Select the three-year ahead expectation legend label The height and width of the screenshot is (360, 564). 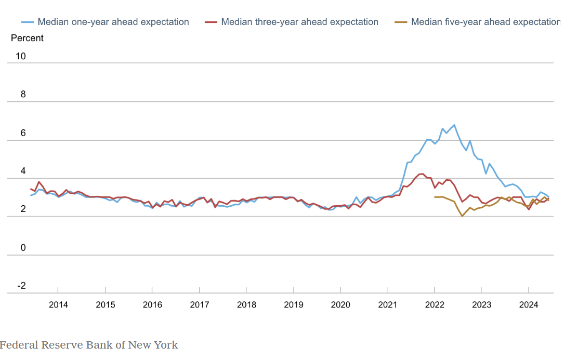click(x=299, y=22)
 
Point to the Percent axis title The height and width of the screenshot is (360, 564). click(x=27, y=38)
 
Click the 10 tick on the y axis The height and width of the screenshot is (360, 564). click(x=21, y=56)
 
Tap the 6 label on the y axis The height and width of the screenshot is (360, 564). click(x=23, y=133)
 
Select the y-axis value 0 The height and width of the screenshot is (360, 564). click(x=23, y=248)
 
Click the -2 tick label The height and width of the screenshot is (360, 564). click(x=21, y=286)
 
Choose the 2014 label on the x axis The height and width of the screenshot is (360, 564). click(x=58, y=304)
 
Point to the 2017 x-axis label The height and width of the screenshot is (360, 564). click(x=200, y=304)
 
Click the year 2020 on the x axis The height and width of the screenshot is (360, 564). click(x=340, y=304)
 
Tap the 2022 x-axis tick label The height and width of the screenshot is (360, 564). click(x=435, y=304)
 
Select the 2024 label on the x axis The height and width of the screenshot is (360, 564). click(x=529, y=304)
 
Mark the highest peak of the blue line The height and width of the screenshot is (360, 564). click(x=454, y=125)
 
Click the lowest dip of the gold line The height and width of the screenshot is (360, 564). click(x=462, y=216)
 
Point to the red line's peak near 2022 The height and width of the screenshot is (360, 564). click(x=422, y=174)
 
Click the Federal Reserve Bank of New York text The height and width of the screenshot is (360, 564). click(x=89, y=345)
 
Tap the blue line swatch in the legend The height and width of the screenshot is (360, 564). click(x=28, y=22)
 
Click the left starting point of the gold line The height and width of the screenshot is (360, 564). click(x=435, y=197)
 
